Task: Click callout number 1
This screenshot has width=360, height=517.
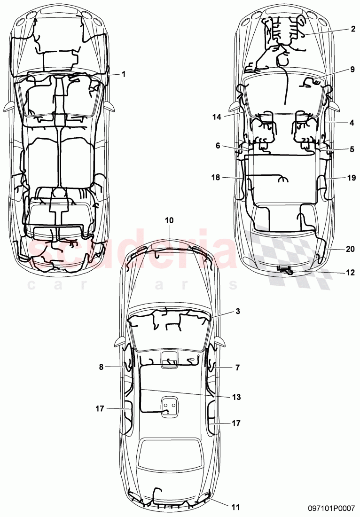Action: pos(124,74)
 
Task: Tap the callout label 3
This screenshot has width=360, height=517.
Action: pos(238,311)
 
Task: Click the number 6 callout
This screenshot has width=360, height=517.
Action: pos(218,146)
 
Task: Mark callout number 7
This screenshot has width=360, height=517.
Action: pos(238,368)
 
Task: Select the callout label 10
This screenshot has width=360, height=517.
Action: pos(169,220)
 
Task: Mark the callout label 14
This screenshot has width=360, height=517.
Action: pos(216,116)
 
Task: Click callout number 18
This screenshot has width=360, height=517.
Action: pos(216,177)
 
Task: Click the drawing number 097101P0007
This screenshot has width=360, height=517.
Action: pos(329,508)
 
